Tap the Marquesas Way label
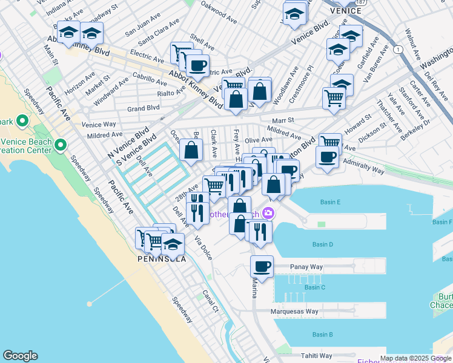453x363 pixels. (x=295, y=312)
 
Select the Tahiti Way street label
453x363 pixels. (x=317, y=356)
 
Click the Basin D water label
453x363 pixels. (x=323, y=244)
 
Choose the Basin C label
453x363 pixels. (x=314, y=287)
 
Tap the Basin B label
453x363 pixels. (x=322, y=335)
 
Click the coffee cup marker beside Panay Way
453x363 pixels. (x=262, y=266)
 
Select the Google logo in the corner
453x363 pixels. (x=20, y=356)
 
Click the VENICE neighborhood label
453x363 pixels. (x=346, y=10)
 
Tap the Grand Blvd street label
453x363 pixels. (x=144, y=108)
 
